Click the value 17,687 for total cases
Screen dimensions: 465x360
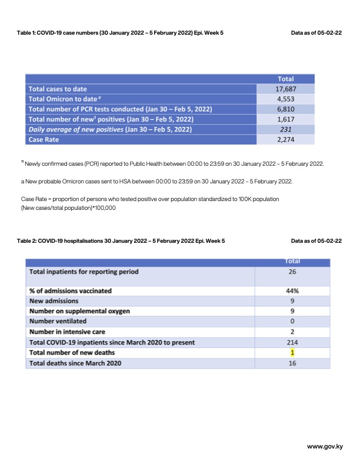(x=285, y=89)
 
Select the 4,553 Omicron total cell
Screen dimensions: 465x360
(x=285, y=99)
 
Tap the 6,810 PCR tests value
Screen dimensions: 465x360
(x=285, y=109)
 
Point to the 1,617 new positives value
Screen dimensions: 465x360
(x=285, y=119)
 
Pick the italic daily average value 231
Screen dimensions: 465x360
(x=285, y=129)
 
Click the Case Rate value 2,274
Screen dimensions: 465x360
(x=285, y=139)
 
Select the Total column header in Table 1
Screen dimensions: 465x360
(x=285, y=79)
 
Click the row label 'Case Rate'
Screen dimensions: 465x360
(x=44, y=139)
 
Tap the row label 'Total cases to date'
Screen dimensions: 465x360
(x=58, y=89)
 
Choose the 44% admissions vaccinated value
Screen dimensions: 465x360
(x=292, y=290)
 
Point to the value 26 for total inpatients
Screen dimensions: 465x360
(x=292, y=272)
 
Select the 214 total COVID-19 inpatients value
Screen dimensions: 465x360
(x=292, y=342)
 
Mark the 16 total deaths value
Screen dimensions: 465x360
(x=292, y=363)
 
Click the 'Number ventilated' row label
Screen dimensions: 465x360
(x=58, y=321)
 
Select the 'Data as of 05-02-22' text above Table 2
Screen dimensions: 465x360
(x=316, y=241)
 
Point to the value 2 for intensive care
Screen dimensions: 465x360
(x=292, y=332)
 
